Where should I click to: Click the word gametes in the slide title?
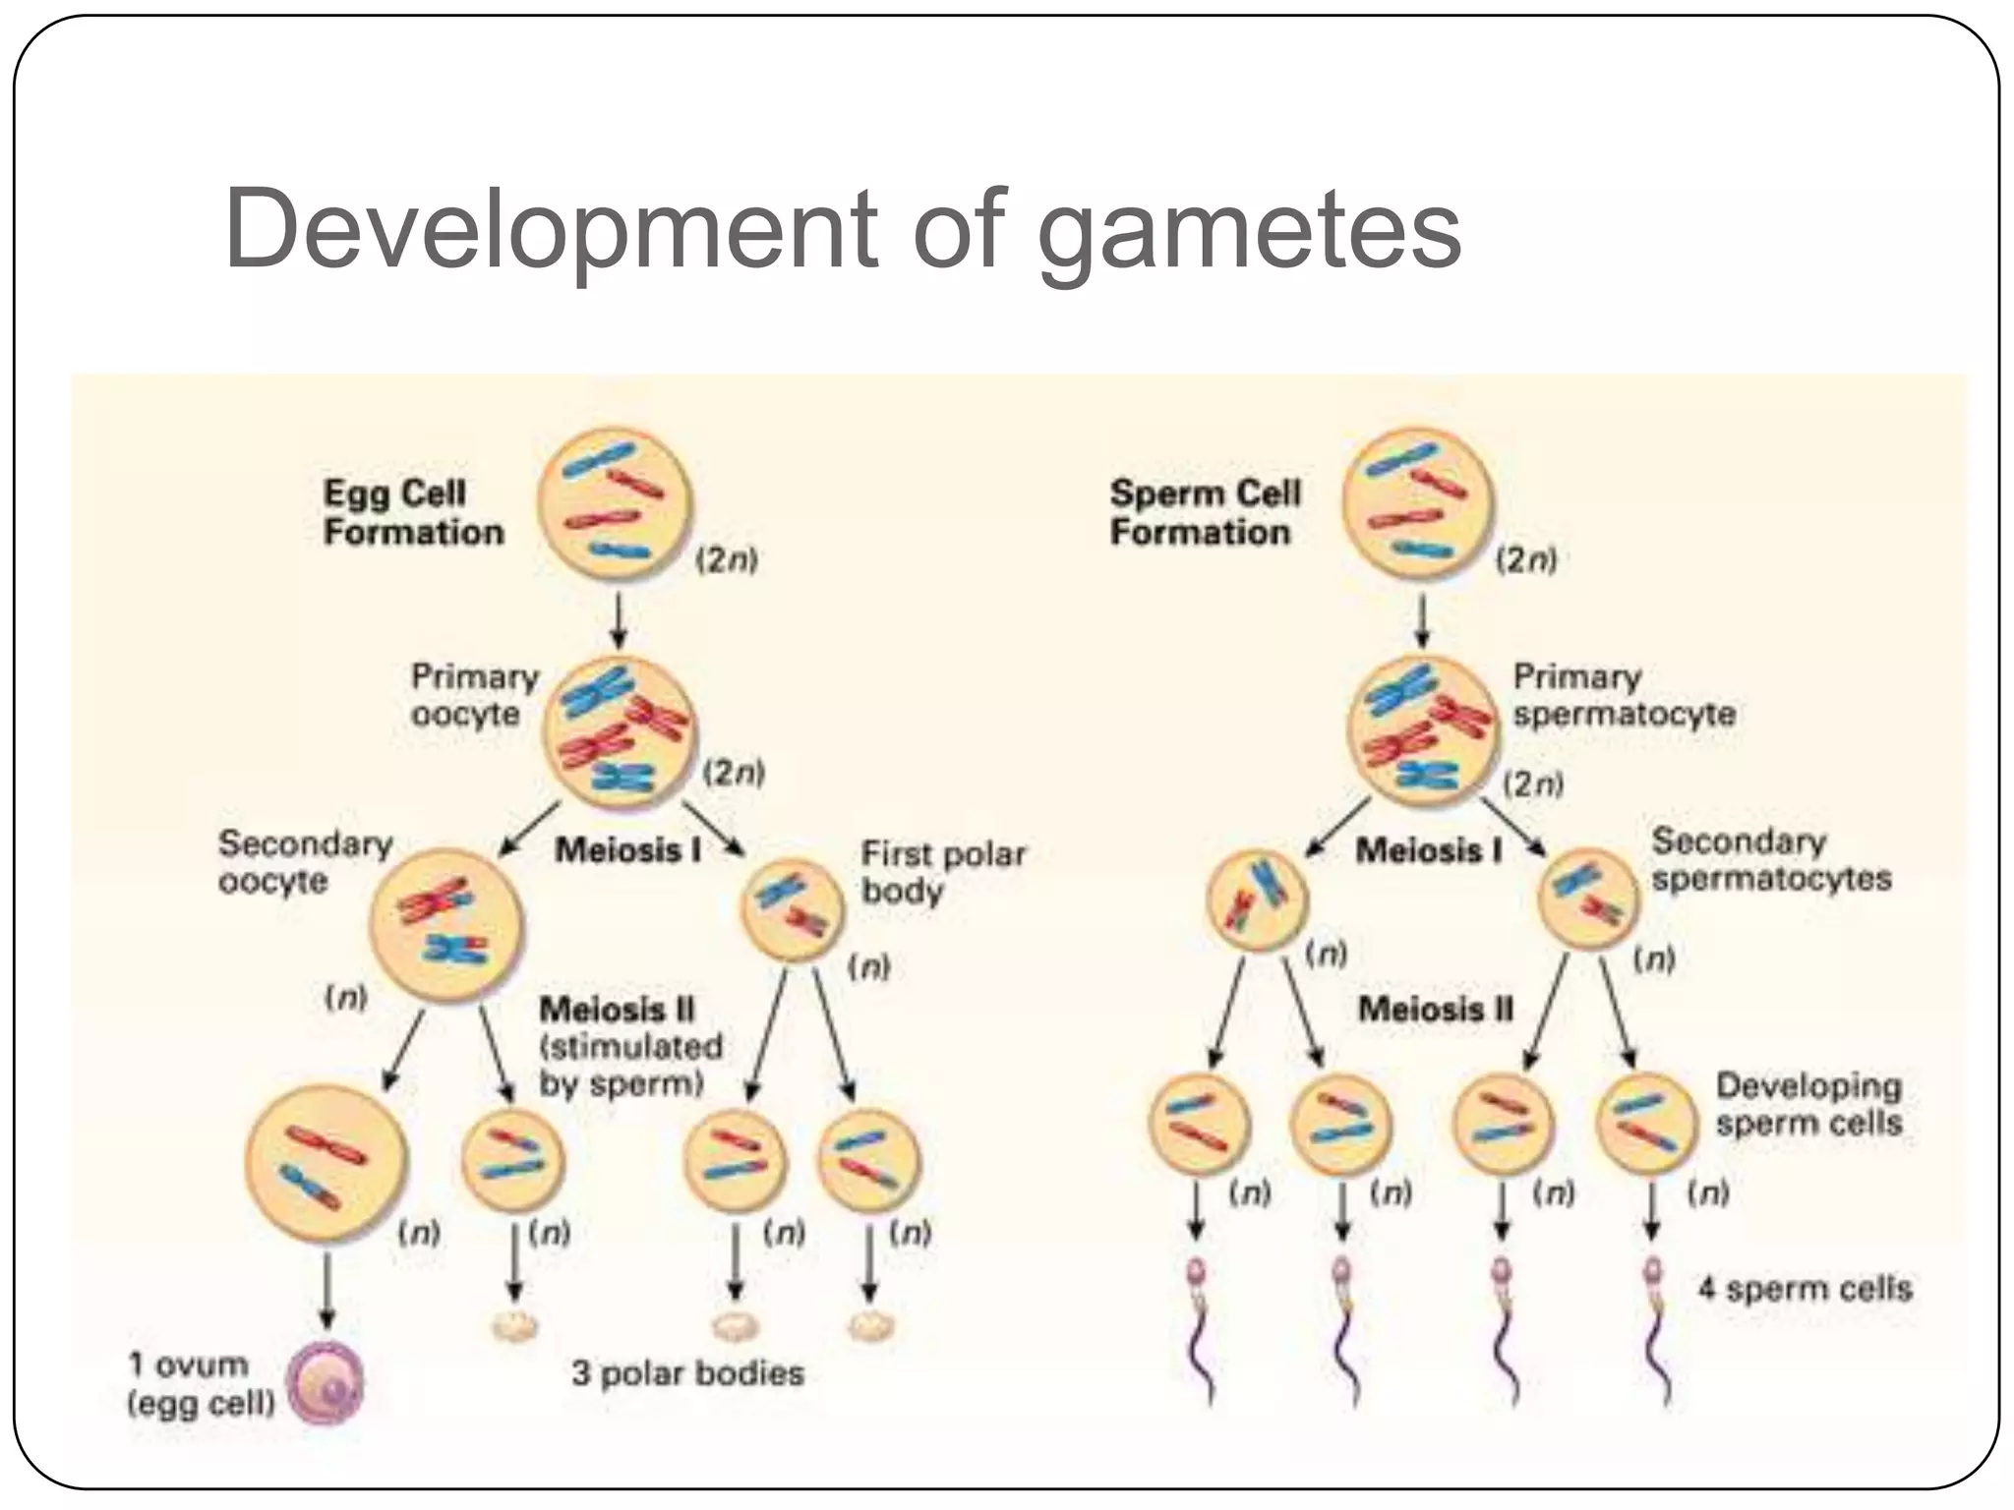click(x=1249, y=232)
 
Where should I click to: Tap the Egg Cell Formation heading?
click(x=413, y=512)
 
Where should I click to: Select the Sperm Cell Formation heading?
click(x=1204, y=512)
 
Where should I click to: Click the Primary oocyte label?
click(x=474, y=695)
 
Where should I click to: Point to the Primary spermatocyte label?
click(x=1624, y=695)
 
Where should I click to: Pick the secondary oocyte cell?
click(x=446, y=924)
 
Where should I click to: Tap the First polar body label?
click(x=942, y=872)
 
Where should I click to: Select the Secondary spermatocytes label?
click(x=1770, y=859)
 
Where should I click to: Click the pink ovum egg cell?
click(x=326, y=1383)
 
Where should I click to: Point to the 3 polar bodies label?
click(x=687, y=1372)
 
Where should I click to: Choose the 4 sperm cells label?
click(x=1805, y=1288)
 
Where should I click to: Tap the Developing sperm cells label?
click(x=1808, y=1104)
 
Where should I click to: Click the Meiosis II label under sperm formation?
click(x=1435, y=1009)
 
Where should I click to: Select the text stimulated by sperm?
click(x=630, y=1065)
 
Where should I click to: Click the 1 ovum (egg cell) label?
click(x=201, y=1383)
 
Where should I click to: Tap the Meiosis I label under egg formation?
click(x=627, y=850)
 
